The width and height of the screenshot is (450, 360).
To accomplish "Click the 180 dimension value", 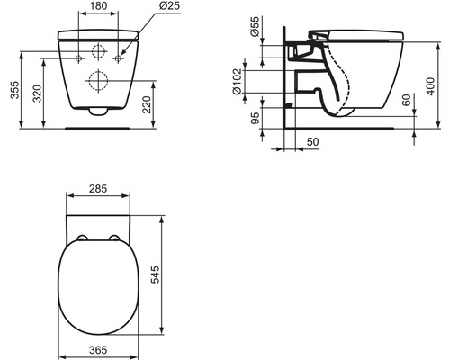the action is tap(98, 6).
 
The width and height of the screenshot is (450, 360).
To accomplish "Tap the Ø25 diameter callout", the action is tap(169, 5).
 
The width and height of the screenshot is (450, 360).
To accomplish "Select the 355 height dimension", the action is tap(14, 90).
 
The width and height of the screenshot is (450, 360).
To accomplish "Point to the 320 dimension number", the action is tap(37, 94).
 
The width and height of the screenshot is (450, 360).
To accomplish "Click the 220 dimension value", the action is tap(147, 104).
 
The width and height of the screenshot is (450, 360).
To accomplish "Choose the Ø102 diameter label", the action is tap(237, 82).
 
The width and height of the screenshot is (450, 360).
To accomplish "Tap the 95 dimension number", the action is tap(255, 118).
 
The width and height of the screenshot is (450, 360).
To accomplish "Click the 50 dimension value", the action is tap(312, 142).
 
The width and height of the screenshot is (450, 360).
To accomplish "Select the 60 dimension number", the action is tap(406, 100).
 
